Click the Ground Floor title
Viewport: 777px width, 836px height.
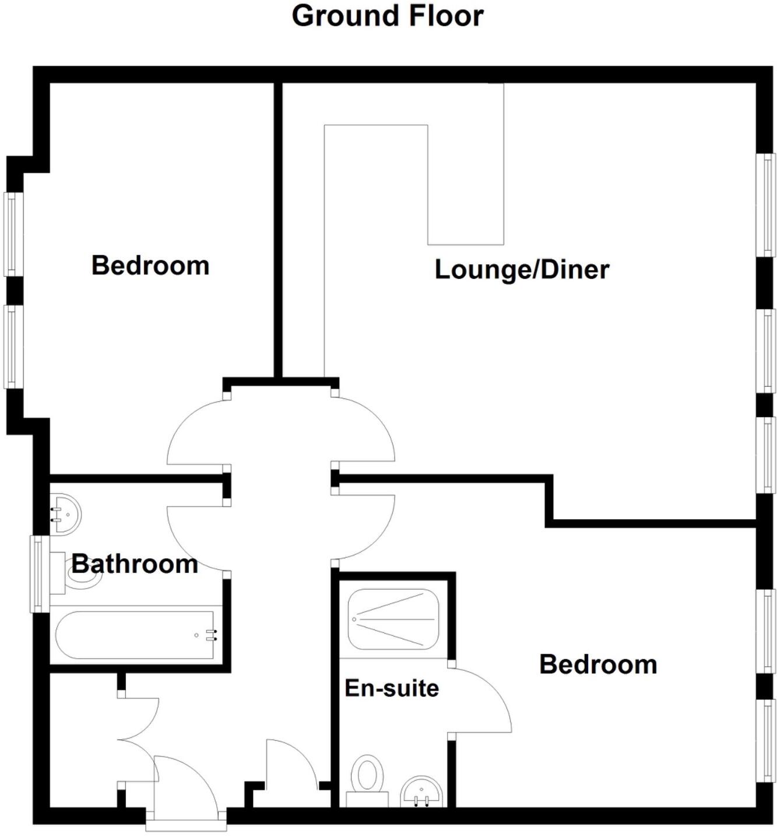coord(388,16)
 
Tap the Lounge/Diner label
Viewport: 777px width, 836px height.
coord(522,270)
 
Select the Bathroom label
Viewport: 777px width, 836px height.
coord(135,564)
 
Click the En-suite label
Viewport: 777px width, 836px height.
coord(391,688)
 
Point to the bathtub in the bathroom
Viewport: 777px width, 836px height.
coord(138,635)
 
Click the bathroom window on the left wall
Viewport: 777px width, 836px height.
coord(38,574)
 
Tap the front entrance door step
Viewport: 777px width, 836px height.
coord(186,825)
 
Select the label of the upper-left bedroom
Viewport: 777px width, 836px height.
coord(150,266)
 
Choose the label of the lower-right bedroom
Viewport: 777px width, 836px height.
coord(598,665)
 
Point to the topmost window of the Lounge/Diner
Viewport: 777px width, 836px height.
coord(765,204)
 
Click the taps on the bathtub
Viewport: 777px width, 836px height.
coord(211,635)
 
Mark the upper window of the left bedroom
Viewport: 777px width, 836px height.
coord(14,233)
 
